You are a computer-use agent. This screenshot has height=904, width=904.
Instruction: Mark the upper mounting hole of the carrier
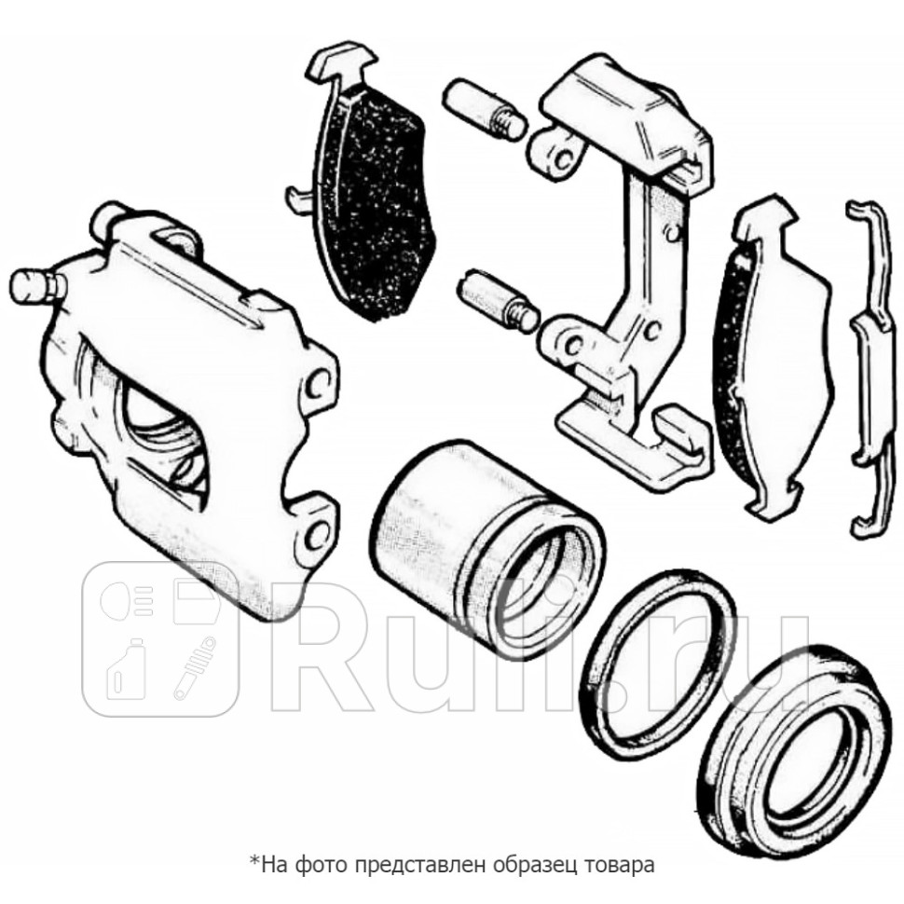558,156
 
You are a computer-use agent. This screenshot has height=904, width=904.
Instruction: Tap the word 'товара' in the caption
622,864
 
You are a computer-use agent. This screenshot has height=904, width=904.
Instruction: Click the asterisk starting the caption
253,859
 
